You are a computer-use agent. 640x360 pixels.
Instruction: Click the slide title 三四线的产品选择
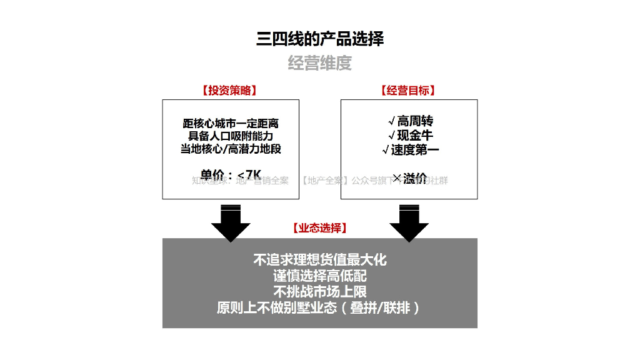point(319,39)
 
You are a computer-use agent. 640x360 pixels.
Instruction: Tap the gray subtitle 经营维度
point(319,63)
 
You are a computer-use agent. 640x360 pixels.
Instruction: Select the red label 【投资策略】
point(229,91)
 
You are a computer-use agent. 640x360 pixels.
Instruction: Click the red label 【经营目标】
point(408,91)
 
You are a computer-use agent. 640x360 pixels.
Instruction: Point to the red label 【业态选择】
point(319,228)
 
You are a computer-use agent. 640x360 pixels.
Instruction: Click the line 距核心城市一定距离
point(231,123)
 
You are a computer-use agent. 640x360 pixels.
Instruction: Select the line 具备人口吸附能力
point(231,136)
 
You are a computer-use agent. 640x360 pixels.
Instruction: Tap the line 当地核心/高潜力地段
point(231,149)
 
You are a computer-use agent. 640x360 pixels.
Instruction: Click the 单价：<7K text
point(231,174)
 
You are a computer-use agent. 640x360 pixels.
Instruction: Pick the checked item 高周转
point(410,121)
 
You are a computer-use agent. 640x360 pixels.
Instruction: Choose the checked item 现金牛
point(410,135)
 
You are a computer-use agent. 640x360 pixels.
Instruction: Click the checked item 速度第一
point(410,149)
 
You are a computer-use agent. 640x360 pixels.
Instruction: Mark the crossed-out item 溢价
point(410,178)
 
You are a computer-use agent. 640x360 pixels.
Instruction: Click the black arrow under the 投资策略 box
point(231,224)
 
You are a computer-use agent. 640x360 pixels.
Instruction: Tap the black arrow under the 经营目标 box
point(409,224)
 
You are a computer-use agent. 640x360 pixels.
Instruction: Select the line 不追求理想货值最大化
point(319,259)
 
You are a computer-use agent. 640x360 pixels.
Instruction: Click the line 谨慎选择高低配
point(319,276)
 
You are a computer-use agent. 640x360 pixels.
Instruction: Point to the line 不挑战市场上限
point(319,291)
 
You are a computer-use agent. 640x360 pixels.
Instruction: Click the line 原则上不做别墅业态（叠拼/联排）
point(319,307)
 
